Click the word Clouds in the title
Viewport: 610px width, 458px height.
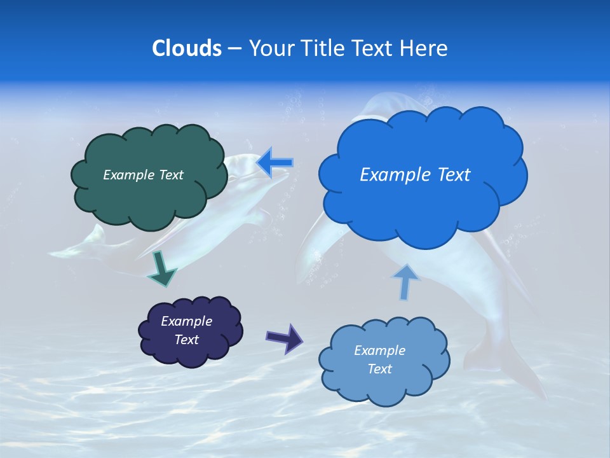coord(187,48)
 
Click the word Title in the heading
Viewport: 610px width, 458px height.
coord(322,48)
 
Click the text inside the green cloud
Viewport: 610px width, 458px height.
coord(143,175)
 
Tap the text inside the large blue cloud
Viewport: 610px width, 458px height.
coord(415,175)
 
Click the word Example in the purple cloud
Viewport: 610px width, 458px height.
coord(186,321)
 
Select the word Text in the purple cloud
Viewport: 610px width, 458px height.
coord(186,340)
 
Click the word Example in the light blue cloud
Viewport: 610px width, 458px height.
coord(379,350)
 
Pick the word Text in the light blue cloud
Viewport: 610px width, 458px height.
coord(379,369)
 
